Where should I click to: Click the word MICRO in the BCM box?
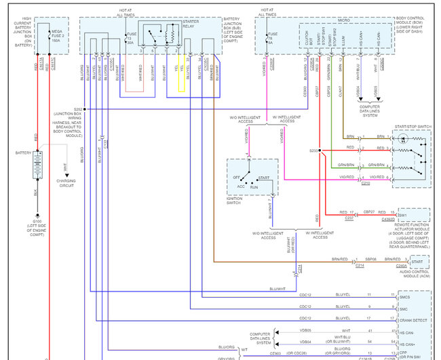click(325, 20)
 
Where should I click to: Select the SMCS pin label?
click(404, 296)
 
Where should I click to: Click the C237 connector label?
click(349, 218)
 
